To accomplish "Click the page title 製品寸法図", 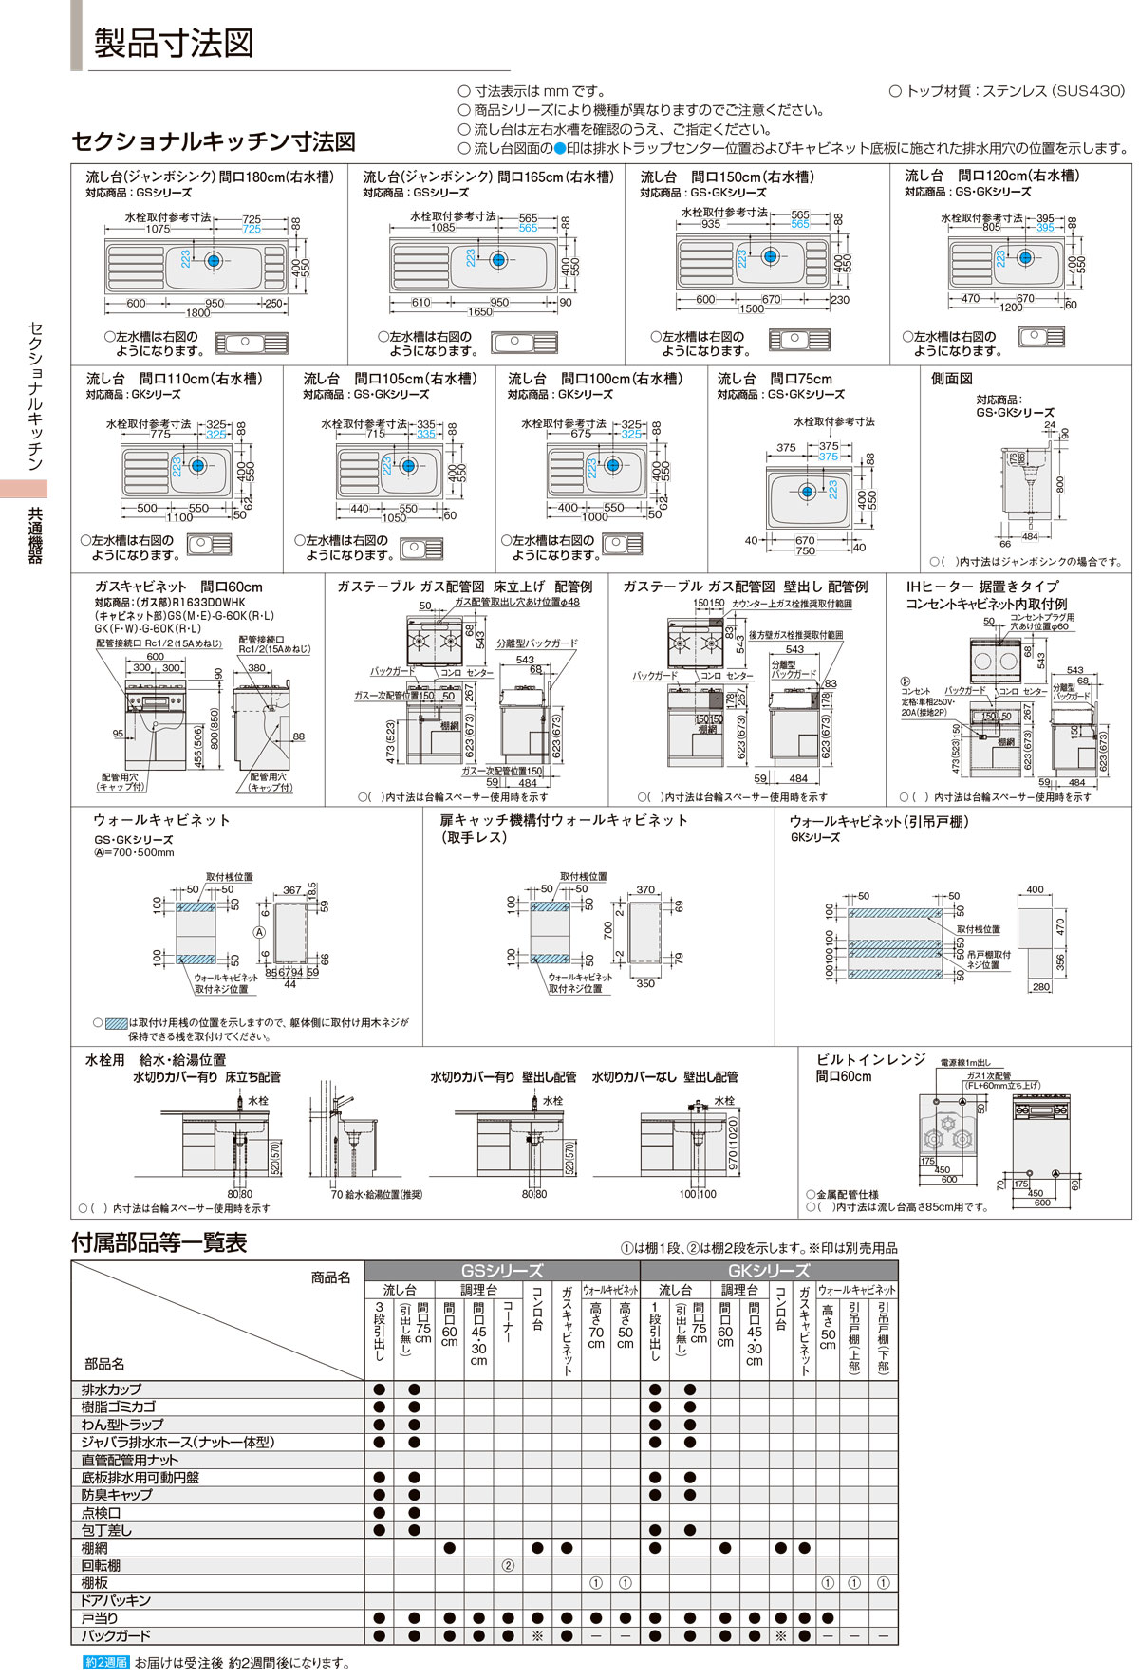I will pos(174,43).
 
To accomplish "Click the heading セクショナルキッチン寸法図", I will pos(214,141).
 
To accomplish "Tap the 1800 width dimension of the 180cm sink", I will pos(197,312).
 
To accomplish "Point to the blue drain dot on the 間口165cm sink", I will pos(497,257).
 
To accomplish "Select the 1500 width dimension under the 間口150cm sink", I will pos(751,308).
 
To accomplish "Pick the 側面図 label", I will pos(951,379).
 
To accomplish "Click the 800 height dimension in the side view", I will pos(1059,483).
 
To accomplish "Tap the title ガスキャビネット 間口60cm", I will pos(177,587).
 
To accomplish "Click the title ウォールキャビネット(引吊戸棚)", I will pos(879,822).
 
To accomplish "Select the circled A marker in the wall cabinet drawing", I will pos(258,933).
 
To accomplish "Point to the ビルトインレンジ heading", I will pos(870,1059).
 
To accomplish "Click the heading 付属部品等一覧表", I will pos(159,1242).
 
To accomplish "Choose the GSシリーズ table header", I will pos(501,1271).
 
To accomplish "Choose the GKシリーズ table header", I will pos(768,1271).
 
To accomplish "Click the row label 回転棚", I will pos(101,1566).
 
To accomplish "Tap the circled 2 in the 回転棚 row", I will pos(508,1566).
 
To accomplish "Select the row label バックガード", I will pos(116,1636).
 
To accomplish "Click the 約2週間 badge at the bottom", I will pos(105,1663).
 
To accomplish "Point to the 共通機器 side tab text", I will pos(36,536).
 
